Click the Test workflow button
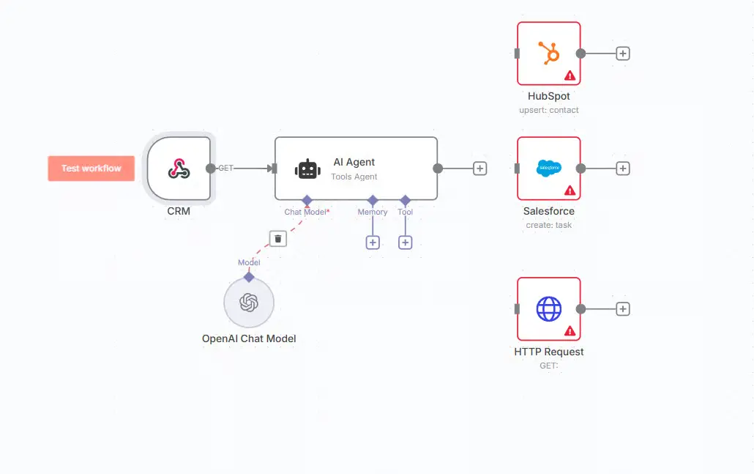[x=92, y=169]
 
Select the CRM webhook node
[x=179, y=169]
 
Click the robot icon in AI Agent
[x=307, y=169]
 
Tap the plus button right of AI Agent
[x=479, y=169]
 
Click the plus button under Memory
[x=373, y=242]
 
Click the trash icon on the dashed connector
[x=278, y=238]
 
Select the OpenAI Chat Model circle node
[x=249, y=303]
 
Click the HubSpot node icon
[x=549, y=53]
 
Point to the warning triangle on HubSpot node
[x=570, y=75]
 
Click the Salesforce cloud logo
[x=549, y=168]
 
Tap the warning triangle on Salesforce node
[x=570, y=190]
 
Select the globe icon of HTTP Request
[x=549, y=308]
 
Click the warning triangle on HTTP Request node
[x=570, y=331]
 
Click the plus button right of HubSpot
[x=623, y=53]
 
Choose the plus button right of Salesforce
[x=623, y=169]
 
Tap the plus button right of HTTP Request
[x=623, y=309]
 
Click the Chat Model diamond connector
[x=307, y=200]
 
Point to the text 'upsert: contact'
[x=549, y=111]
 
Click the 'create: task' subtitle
[x=549, y=226]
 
